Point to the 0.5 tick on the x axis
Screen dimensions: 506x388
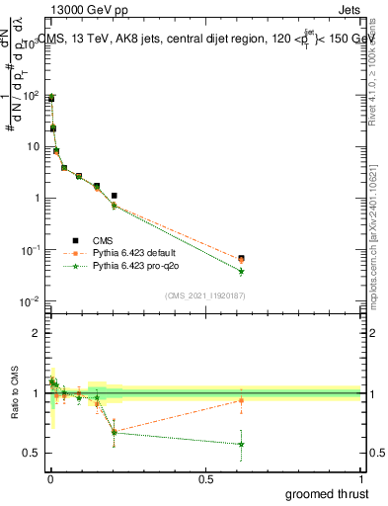(204, 478)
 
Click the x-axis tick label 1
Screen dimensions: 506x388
(360, 478)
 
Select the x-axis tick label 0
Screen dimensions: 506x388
(49, 478)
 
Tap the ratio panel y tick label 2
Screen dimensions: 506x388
(36, 333)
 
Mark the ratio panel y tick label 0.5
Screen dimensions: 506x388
(33, 453)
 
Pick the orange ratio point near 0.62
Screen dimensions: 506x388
(241, 400)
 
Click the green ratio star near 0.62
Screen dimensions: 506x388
(241, 444)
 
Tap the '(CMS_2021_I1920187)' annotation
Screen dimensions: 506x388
(203, 295)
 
